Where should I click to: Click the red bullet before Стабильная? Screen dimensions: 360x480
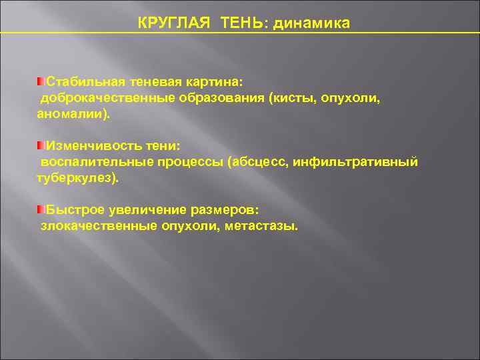[41, 81]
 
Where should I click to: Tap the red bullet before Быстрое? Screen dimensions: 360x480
[41, 209]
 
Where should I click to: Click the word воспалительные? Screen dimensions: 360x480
[95, 162]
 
